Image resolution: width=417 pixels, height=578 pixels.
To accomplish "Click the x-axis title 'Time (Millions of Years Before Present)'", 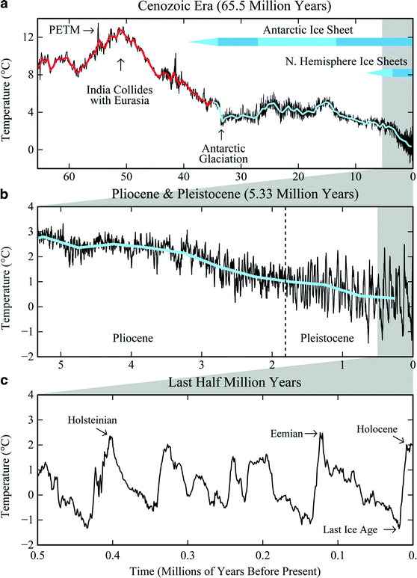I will [x=223, y=571].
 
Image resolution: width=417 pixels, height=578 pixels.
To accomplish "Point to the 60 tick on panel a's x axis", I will [x=69, y=177].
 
